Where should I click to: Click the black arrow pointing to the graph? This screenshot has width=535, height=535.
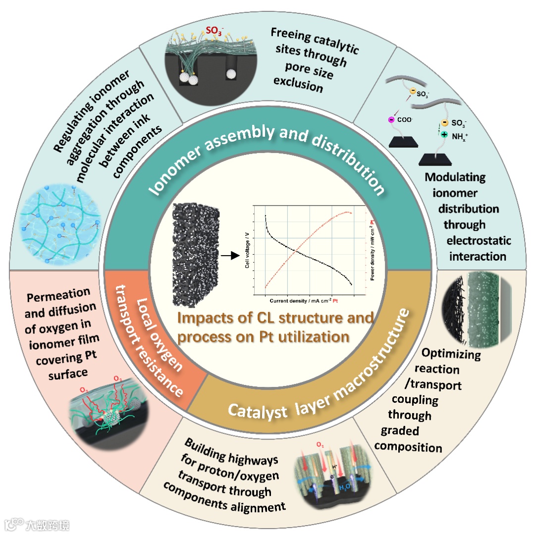click(x=228, y=256)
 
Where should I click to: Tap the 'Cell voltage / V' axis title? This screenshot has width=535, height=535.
click(x=247, y=254)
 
